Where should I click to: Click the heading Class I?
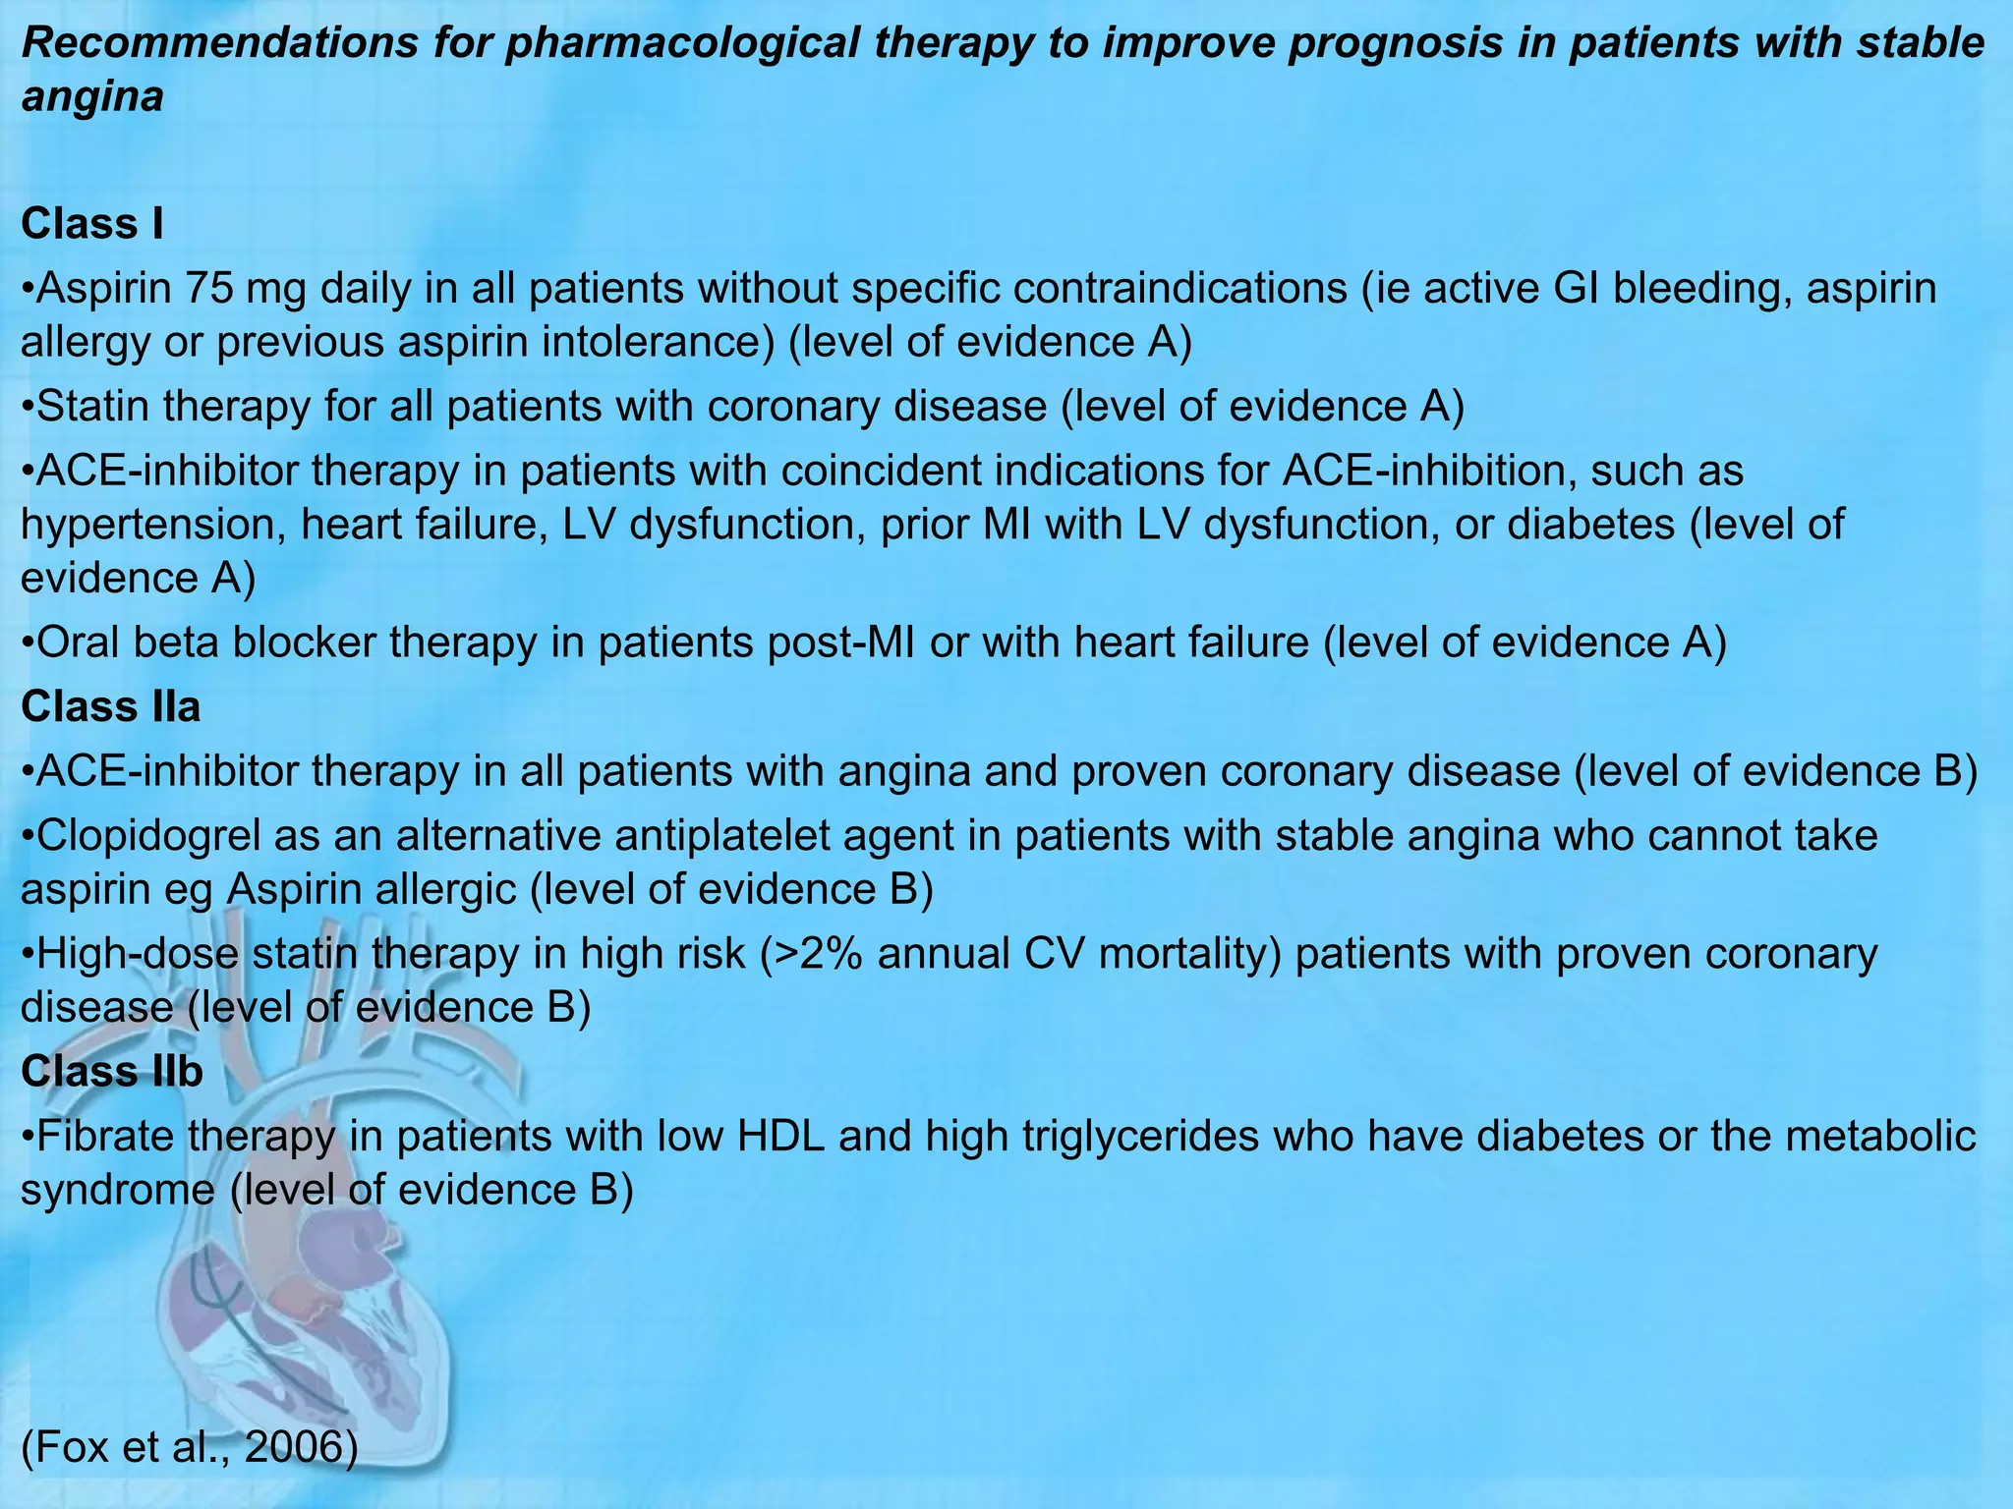tap(91, 224)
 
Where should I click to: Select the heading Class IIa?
tap(110, 706)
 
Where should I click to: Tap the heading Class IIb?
tap(111, 1071)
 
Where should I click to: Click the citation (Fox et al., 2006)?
tap(189, 1447)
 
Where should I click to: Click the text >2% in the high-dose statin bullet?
tap(811, 954)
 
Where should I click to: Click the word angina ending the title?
tap(91, 98)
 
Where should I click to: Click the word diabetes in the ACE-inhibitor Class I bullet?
tap(1590, 525)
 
